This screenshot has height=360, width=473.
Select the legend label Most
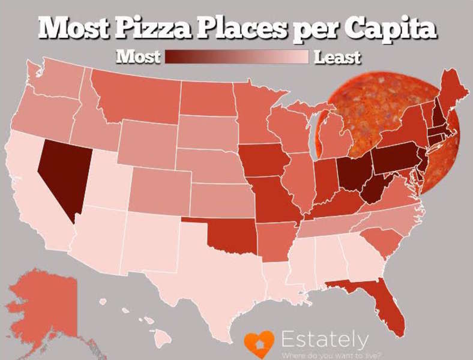tap(138, 57)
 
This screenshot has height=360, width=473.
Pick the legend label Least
tap(337, 58)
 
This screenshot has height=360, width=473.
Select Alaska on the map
tap(48, 300)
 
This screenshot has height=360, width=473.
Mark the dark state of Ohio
tap(349, 174)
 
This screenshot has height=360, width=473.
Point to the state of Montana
tap(138, 96)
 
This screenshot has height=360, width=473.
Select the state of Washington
tap(57, 84)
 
